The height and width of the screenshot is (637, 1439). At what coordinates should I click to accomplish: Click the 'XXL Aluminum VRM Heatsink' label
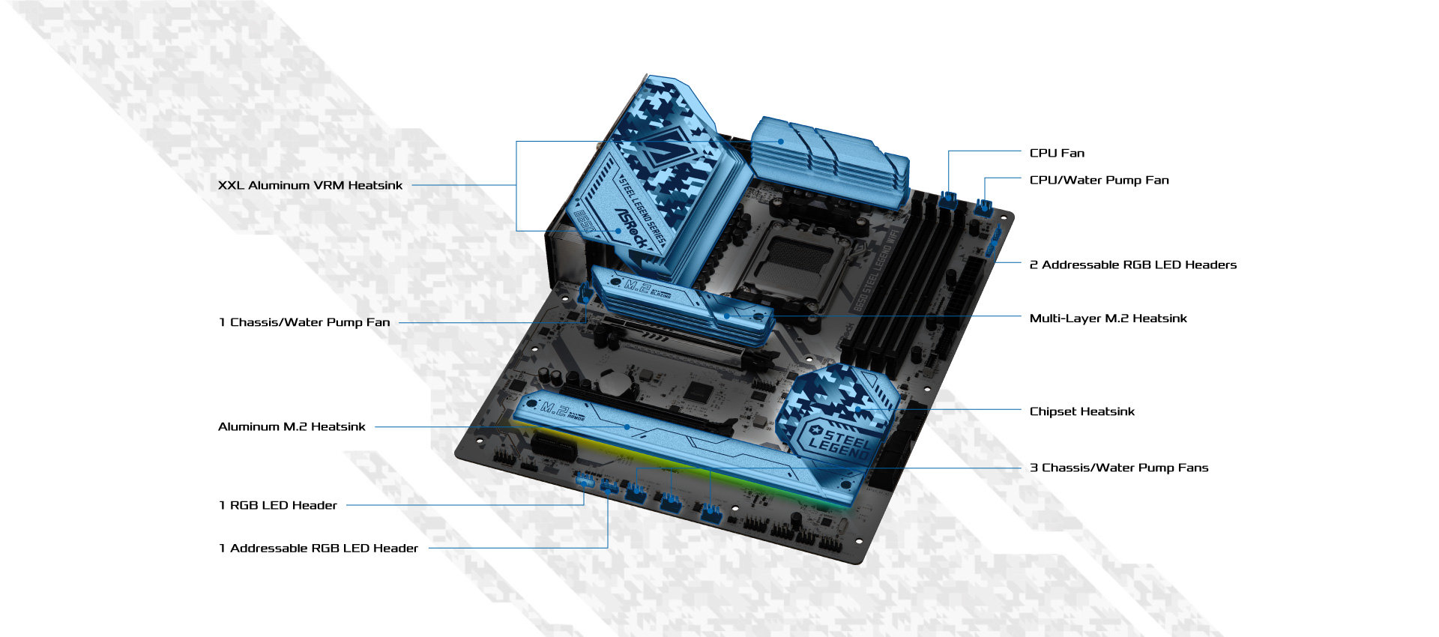(x=310, y=185)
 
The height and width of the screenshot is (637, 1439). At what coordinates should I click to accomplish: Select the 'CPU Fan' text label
(x=1057, y=153)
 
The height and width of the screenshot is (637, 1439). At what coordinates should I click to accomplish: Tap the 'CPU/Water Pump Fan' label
(x=1099, y=180)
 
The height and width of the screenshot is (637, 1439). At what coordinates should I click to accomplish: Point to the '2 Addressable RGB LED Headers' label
(x=1132, y=265)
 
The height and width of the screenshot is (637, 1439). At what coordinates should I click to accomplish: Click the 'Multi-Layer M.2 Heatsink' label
(x=1108, y=318)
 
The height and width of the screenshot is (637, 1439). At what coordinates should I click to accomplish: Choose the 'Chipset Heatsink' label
(x=1081, y=411)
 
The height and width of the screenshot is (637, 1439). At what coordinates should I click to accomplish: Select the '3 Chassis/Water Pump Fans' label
(x=1118, y=468)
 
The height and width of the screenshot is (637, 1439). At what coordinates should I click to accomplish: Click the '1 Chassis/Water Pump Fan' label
(x=304, y=322)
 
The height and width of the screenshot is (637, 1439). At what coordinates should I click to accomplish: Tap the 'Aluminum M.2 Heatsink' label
(x=292, y=426)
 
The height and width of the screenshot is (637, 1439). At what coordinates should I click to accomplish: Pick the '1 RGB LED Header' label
(x=278, y=505)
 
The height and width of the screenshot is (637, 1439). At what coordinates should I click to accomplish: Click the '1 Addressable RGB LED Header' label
(x=319, y=549)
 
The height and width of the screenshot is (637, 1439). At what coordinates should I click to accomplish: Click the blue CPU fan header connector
(x=948, y=199)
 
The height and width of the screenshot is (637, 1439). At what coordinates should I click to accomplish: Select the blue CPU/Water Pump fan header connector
(x=983, y=207)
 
